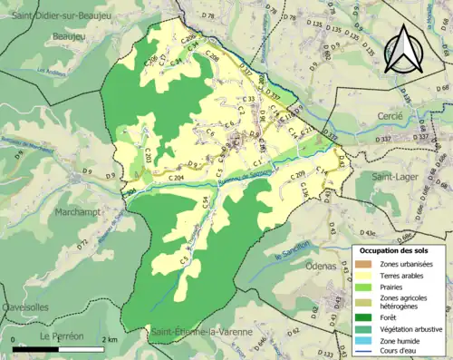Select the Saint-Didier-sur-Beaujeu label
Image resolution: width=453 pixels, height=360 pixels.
tap(61, 9)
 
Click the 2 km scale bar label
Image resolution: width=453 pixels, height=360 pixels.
tap(109, 339)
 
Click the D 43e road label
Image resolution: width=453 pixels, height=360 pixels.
tap(369, 232)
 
